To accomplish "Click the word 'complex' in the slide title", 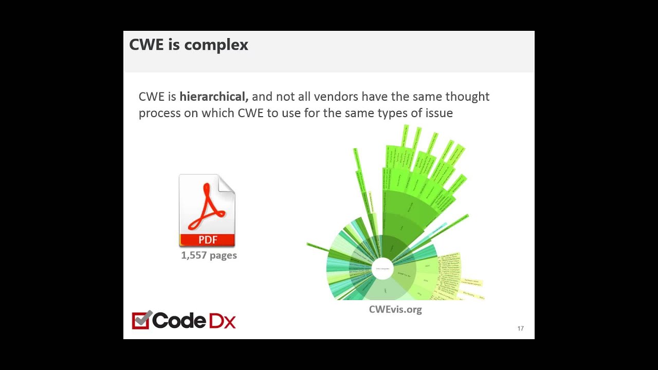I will click(x=216, y=45).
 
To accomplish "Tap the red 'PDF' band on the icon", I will click(x=207, y=239).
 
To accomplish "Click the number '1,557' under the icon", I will click(x=193, y=255).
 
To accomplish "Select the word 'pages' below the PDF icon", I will click(x=223, y=255).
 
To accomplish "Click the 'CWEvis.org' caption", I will click(x=395, y=309).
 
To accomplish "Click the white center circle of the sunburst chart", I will click(x=382, y=269).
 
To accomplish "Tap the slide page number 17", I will click(x=520, y=328).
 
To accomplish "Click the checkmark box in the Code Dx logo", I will click(x=141, y=320).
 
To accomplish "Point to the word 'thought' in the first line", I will click(x=467, y=97).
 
